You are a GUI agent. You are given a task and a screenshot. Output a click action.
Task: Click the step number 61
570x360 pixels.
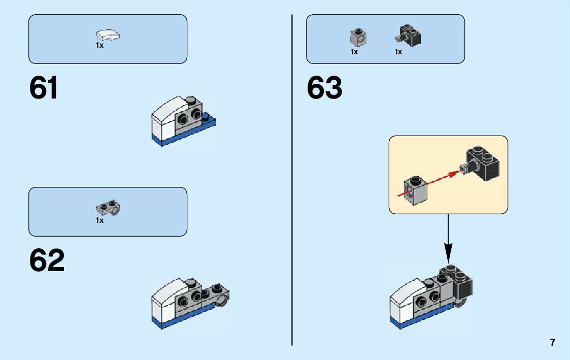click(x=44, y=88)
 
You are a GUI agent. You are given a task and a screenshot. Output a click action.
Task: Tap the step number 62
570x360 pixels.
click(x=47, y=260)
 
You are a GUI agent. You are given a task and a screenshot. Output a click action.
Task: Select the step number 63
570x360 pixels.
click(x=324, y=88)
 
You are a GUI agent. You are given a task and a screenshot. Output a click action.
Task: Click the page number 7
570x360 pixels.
click(x=552, y=342)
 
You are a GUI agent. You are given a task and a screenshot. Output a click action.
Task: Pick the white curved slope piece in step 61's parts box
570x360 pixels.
click(x=108, y=36)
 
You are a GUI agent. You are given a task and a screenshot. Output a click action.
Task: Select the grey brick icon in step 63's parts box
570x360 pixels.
click(x=359, y=37)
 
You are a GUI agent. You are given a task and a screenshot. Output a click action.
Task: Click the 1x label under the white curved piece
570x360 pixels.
click(x=99, y=46)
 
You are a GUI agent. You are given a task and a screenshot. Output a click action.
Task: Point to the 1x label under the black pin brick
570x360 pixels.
click(x=398, y=52)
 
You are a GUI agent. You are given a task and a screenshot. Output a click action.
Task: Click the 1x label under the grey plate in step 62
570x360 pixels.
click(x=99, y=221)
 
